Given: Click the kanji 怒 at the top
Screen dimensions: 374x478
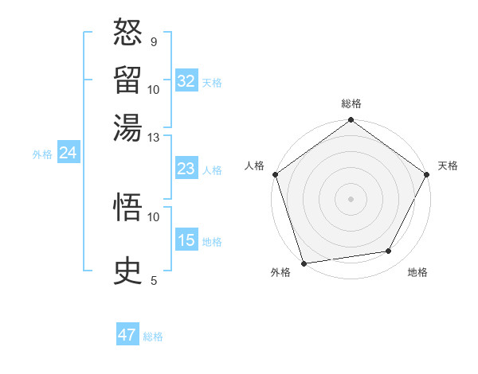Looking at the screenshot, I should coord(128,33).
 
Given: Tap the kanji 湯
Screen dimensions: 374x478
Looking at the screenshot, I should coord(128,127).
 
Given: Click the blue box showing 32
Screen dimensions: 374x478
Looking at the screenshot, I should coord(186,81).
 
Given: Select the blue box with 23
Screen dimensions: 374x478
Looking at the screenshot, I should coord(186,169).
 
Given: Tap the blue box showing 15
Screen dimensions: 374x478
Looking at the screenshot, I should coord(186,240).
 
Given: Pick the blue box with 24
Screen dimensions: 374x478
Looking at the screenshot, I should coord(68,153).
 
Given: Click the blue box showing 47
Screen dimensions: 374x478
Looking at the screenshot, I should coord(127,335).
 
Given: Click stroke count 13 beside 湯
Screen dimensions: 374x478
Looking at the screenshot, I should coord(154,137).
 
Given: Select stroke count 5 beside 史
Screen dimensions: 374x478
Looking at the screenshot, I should coord(153,279).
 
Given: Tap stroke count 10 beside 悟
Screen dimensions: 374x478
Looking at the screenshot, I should coord(154,216).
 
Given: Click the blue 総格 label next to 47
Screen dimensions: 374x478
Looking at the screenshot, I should coord(153,337).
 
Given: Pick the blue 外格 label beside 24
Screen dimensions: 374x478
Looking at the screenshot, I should coord(42,154).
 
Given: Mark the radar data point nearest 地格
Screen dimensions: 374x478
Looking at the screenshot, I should coord(389,251).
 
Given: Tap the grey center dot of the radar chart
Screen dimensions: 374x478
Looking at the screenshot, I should coord(351,199).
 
